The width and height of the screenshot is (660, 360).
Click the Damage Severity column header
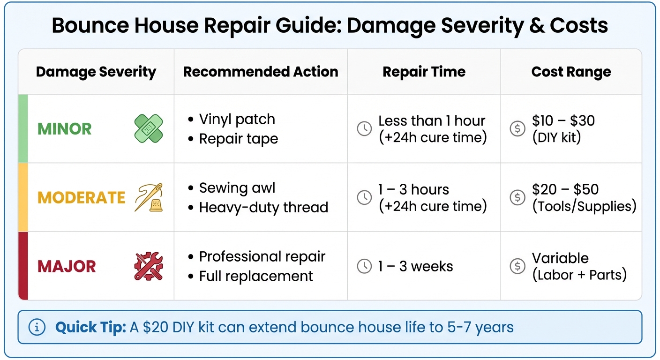(96, 72)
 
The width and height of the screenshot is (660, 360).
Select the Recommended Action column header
(261, 72)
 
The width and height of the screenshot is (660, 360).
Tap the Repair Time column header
(424, 72)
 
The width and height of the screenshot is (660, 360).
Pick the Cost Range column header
(571, 72)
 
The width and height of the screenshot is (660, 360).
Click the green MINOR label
(64, 129)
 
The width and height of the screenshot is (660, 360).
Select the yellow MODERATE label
(81, 197)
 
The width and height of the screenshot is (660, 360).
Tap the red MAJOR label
(67, 266)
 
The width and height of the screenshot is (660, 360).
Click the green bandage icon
(149, 128)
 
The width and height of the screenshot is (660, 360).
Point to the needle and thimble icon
(149, 197)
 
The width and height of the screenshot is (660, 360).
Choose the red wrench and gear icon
(149, 266)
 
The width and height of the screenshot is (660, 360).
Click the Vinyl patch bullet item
(237, 119)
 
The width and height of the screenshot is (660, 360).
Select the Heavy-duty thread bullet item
(263, 207)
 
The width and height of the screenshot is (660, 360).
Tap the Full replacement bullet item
(256, 276)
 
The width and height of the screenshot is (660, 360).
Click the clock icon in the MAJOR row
(364, 266)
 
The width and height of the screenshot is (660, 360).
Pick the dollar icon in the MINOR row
(517, 129)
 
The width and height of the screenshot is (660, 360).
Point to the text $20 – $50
(565, 189)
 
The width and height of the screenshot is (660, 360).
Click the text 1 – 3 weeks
(415, 266)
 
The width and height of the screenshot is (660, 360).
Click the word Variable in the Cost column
(560, 258)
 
